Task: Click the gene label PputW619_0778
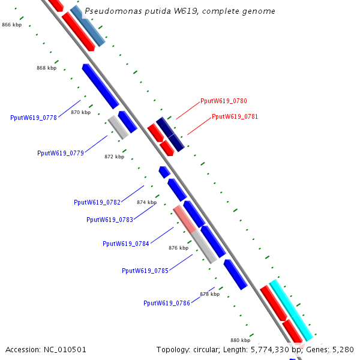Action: click(x=34, y=118)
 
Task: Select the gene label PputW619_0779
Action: click(x=61, y=153)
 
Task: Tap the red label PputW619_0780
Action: click(x=224, y=101)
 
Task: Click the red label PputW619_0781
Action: click(x=235, y=116)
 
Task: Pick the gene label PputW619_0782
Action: click(x=97, y=202)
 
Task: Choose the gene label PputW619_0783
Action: click(x=110, y=220)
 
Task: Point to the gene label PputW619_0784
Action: click(x=126, y=244)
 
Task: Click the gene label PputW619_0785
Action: click(x=145, y=271)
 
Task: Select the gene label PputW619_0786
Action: click(x=167, y=303)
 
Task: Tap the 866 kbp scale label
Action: click(x=12, y=25)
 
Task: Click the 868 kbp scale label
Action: click(x=46, y=68)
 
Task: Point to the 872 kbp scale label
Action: click(x=114, y=157)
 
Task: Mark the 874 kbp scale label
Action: click(x=146, y=202)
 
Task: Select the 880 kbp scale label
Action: click(x=240, y=340)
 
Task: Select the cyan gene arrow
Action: click(x=291, y=309)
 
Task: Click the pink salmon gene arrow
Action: click(x=184, y=219)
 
